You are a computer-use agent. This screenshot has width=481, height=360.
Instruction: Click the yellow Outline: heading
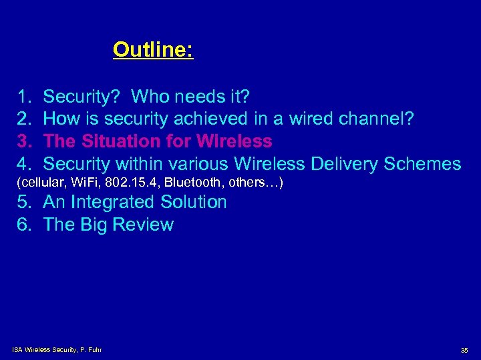point(153,49)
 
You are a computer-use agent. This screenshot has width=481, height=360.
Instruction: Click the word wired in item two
point(310,120)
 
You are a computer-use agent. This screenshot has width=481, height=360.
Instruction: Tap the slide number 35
point(464,350)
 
